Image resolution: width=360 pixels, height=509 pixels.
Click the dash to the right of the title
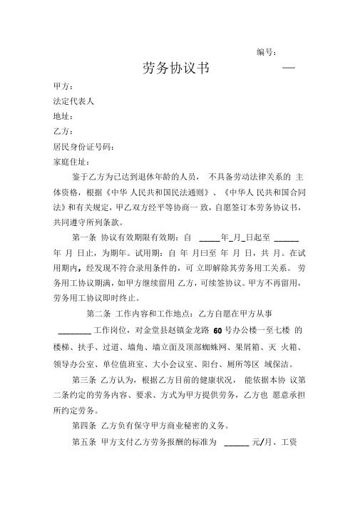[289, 68]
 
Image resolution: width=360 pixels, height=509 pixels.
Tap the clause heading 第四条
[85, 426]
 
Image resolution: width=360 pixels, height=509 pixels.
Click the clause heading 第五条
[85, 442]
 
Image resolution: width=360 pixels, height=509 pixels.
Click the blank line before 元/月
[236, 443]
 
